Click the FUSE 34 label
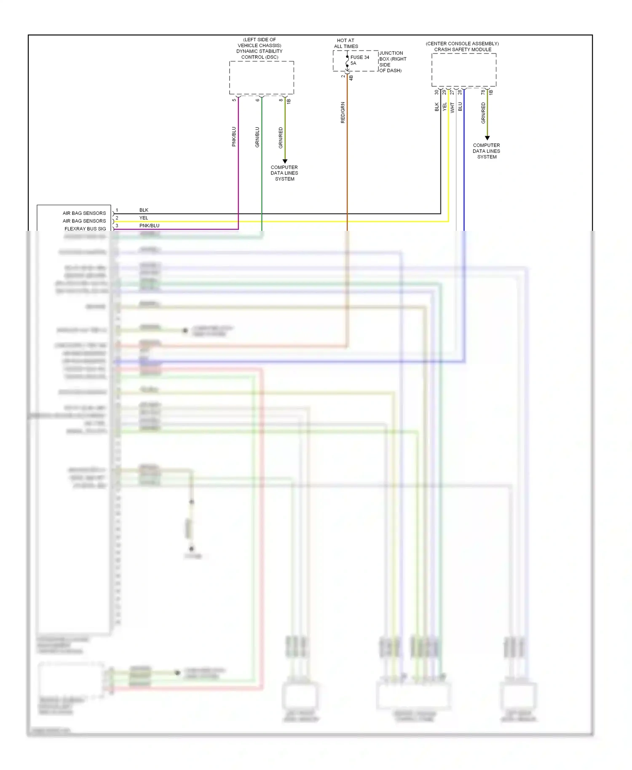(x=359, y=57)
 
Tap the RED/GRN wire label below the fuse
(x=343, y=112)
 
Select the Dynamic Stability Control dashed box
(x=261, y=78)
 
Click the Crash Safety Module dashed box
(x=463, y=70)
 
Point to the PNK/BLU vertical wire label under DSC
(x=234, y=136)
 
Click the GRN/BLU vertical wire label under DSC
(x=257, y=137)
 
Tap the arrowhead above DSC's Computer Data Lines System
(x=285, y=161)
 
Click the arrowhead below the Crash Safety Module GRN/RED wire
(x=487, y=138)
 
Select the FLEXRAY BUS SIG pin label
(x=85, y=229)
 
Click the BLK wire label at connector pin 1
(x=144, y=210)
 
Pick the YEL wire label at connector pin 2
(x=144, y=218)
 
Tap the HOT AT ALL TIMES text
(x=346, y=43)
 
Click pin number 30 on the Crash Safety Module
(x=437, y=92)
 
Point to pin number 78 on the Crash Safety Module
(x=483, y=92)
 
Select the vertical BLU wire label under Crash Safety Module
(x=460, y=107)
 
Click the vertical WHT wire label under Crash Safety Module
(x=452, y=107)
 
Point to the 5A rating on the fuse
(x=353, y=63)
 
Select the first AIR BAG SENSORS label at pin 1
(x=84, y=213)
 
